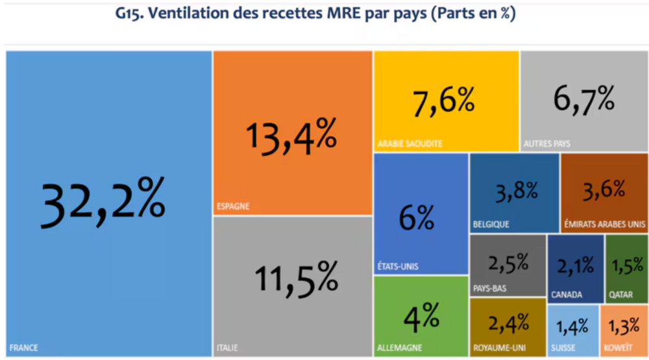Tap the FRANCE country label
24,348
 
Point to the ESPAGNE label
233,207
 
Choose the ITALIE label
227,348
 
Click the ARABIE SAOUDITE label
410,143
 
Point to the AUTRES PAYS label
546,143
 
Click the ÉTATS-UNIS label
398,266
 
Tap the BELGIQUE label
491,224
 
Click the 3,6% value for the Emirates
604,190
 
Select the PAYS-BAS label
490,289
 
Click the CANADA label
567,294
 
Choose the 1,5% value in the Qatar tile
627,265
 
